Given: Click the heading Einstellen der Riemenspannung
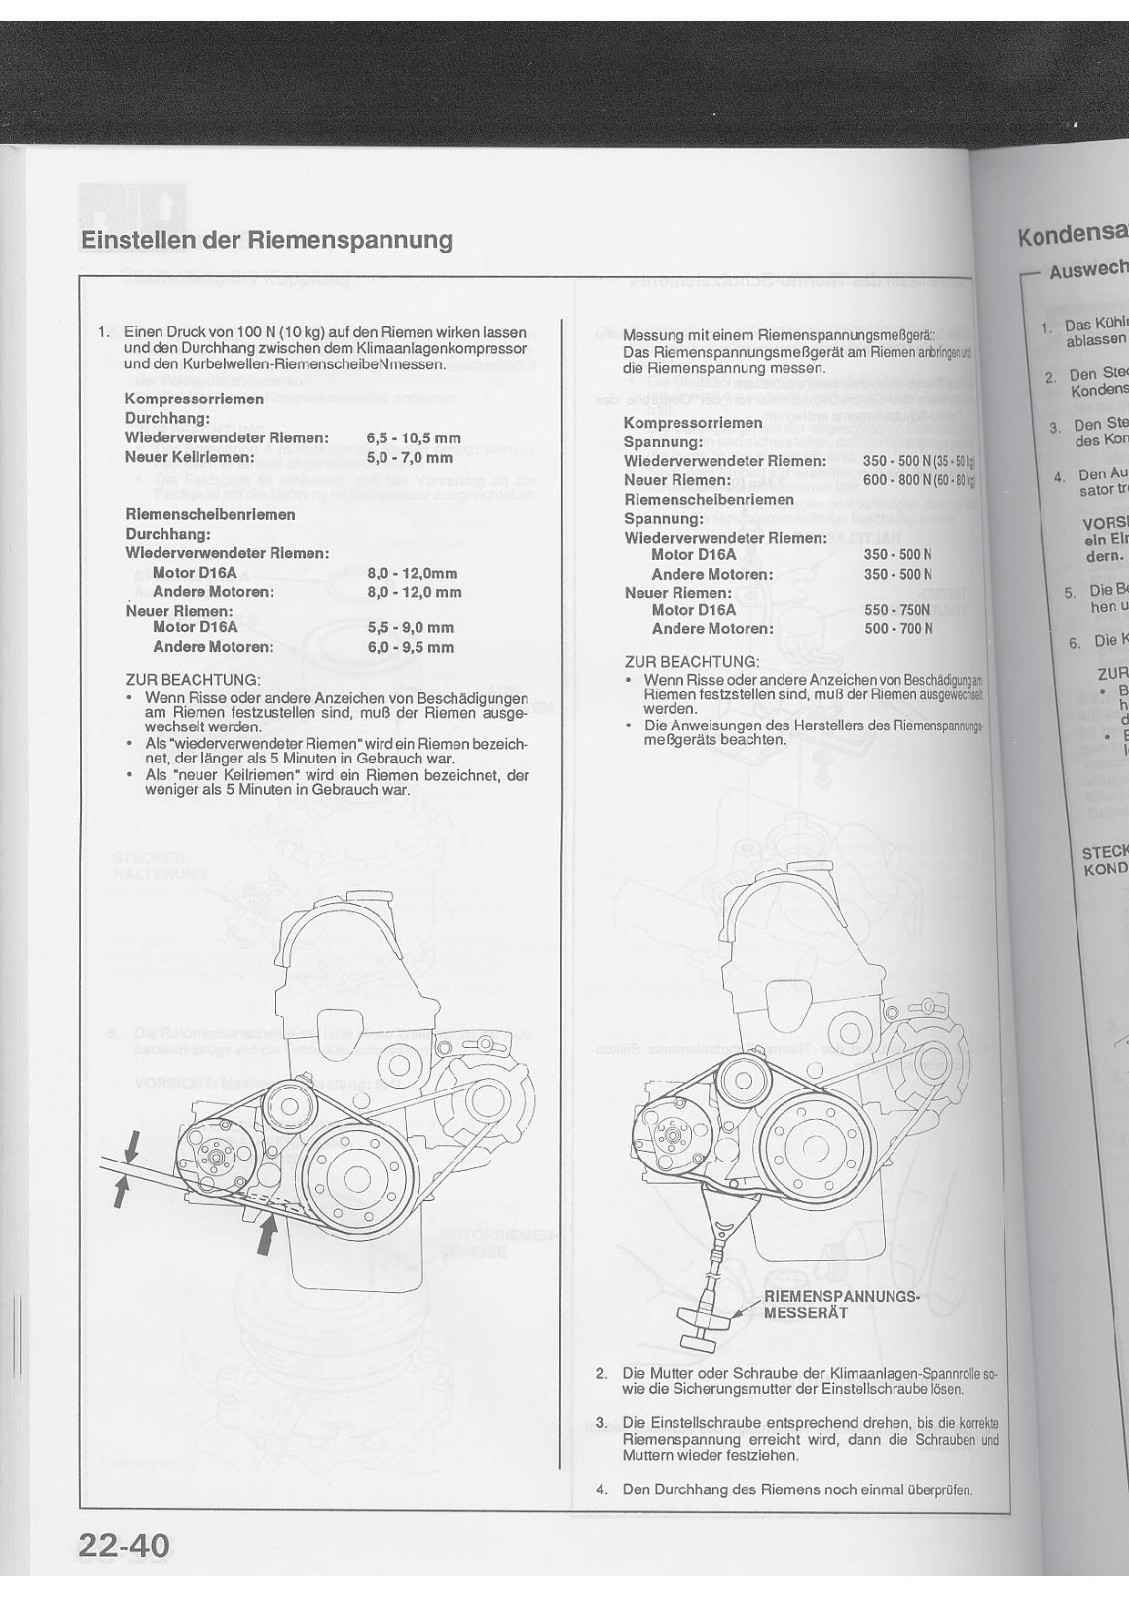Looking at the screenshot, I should (x=267, y=240).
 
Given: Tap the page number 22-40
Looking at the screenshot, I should (x=124, y=1547).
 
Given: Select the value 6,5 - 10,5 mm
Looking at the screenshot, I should (x=413, y=438).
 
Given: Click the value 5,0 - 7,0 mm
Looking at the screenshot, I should (x=409, y=457).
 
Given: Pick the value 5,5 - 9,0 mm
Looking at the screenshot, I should (x=410, y=627).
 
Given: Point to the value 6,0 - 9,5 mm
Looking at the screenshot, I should (x=410, y=647).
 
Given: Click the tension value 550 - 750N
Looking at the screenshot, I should (x=897, y=610).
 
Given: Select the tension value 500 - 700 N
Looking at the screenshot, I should (x=897, y=629).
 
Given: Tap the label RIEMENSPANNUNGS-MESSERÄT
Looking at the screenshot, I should (x=842, y=1305).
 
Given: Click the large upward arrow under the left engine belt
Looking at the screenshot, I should (x=267, y=1236).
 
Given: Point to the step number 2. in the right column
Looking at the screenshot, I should (x=601, y=1373).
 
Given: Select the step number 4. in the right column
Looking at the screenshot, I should (x=601, y=1490).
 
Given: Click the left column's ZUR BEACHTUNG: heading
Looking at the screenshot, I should (x=192, y=680).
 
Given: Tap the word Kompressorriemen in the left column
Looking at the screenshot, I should (x=194, y=399).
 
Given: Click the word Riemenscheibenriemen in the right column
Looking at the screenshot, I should (x=708, y=500).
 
